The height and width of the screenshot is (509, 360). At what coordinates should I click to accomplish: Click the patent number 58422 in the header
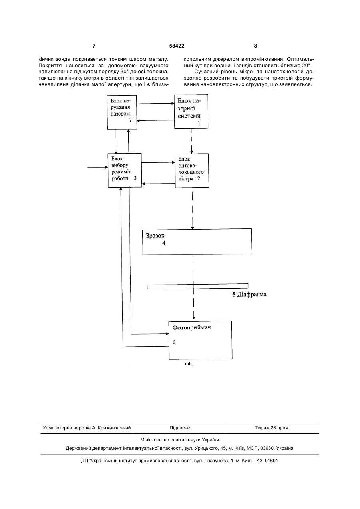pyautogui.click(x=177, y=46)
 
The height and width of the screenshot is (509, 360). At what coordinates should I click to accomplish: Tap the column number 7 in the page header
pyautogui.click(x=94, y=46)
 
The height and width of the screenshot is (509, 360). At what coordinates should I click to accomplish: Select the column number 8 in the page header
pyautogui.click(x=255, y=46)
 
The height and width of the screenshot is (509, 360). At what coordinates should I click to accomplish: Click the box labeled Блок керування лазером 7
pyautogui.click(x=122, y=112)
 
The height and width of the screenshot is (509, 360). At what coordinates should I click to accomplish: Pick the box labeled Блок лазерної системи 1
pyautogui.click(x=191, y=112)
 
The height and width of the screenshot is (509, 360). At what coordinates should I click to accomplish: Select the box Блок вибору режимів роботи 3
pyautogui.click(x=125, y=170)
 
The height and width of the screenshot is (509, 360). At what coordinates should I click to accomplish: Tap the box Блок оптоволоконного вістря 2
pyautogui.click(x=192, y=170)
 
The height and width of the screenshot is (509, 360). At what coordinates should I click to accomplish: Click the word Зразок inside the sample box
pyautogui.click(x=155, y=236)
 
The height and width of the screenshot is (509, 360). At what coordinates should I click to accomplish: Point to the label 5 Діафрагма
pyautogui.click(x=249, y=295)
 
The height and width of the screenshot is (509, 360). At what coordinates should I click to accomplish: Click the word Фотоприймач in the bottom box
pyautogui.click(x=191, y=327)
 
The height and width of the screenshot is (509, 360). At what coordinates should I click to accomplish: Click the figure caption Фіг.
pyautogui.click(x=189, y=364)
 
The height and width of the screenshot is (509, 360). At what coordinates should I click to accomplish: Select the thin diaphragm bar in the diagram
pyautogui.click(x=198, y=287)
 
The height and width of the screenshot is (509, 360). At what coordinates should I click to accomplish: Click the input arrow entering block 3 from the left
pyautogui.click(x=97, y=168)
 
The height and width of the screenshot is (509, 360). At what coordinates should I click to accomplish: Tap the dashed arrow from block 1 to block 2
pyautogui.click(x=191, y=141)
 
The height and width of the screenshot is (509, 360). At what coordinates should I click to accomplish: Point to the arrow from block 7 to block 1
pyautogui.click(x=155, y=104)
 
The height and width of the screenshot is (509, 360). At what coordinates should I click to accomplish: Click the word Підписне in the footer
pyautogui.click(x=180, y=428)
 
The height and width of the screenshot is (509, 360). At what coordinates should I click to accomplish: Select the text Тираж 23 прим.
pyautogui.click(x=272, y=428)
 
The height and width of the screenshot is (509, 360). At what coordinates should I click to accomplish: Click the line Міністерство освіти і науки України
pyautogui.click(x=180, y=440)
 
